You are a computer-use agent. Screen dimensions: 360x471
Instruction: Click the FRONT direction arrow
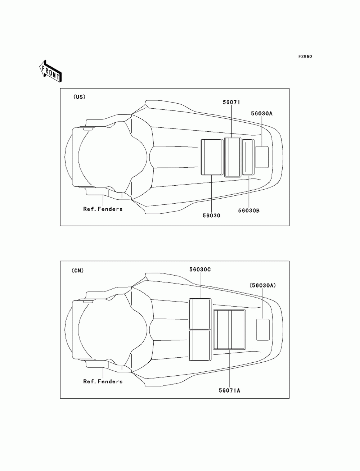(50, 71)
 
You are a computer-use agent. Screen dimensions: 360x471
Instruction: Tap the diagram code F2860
(305, 56)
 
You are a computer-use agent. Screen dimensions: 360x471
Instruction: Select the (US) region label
(79, 97)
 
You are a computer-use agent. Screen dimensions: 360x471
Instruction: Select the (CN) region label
(77, 271)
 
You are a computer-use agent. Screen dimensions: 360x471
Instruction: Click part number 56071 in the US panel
(231, 102)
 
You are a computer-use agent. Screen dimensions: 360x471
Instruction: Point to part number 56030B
(249, 210)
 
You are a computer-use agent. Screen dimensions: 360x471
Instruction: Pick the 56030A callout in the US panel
(262, 113)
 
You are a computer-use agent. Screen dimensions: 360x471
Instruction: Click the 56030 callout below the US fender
(211, 216)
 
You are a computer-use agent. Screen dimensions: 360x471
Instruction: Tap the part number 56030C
(200, 269)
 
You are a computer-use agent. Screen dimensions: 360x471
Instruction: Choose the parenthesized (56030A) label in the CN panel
(262, 285)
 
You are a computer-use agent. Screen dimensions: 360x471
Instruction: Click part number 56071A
(229, 390)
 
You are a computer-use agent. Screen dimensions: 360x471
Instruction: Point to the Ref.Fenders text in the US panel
(103, 209)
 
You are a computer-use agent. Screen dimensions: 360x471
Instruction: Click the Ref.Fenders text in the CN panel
(103, 381)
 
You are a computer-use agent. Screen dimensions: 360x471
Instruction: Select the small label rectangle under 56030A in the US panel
(262, 157)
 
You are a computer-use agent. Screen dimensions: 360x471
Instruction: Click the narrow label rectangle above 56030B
(248, 157)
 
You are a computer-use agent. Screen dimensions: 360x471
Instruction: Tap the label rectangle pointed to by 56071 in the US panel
(233, 157)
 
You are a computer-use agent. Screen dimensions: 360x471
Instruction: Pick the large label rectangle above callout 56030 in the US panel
(211, 157)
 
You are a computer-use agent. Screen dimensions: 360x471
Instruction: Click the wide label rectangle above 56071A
(229, 330)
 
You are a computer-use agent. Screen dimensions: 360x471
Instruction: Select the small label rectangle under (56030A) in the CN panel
(263, 329)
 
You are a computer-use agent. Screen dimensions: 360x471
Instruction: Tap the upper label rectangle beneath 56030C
(200, 314)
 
